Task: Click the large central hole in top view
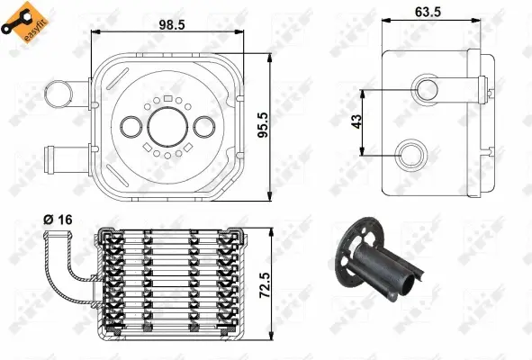coord(165,127)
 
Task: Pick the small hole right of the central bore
coord(202,127)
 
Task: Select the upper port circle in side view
coord(425,89)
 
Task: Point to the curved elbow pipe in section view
coord(63,274)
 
